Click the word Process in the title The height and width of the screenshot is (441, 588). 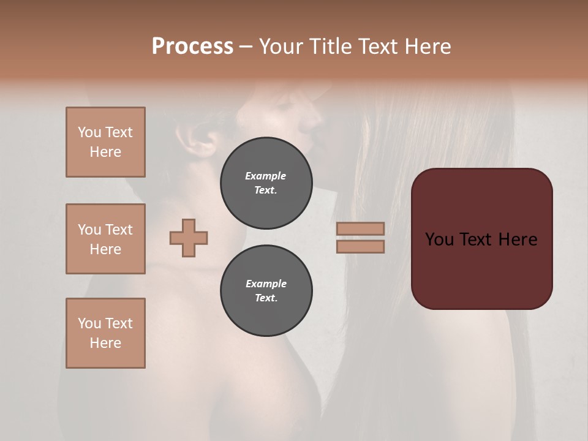(192, 47)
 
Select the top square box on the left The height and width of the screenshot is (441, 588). (105, 142)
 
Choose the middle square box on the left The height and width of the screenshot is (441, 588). (105, 239)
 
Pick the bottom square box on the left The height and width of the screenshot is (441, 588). (105, 333)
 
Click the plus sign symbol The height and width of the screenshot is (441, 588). (189, 238)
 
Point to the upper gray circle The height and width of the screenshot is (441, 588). (266, 183)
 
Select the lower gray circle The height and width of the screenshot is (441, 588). (266, 291)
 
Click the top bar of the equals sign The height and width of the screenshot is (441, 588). (360, 228)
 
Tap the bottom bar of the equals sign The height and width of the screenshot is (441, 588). (360, 247)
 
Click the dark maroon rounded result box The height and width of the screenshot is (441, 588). (481, 239)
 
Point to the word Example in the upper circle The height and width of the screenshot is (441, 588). (266, 176)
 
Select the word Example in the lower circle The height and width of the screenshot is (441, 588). (266, 284)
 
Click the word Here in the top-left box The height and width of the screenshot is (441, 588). (105, 152)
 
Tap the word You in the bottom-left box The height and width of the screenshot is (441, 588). (89, 323)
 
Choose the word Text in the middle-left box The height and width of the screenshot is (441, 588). (119, 230)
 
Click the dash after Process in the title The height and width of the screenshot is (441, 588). (246, 47)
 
